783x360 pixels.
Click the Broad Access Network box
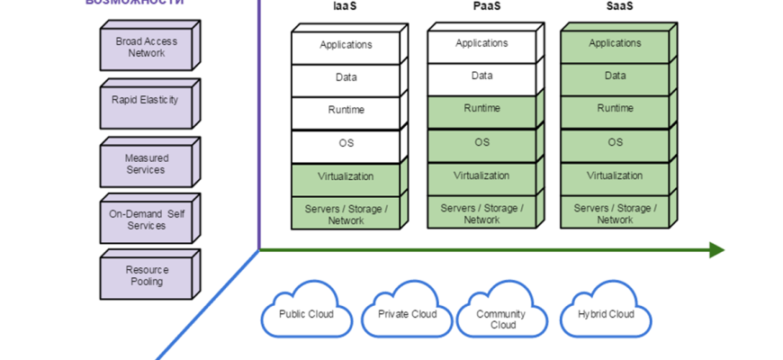[x=147, y=48]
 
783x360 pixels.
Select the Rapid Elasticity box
[x=145, y=101]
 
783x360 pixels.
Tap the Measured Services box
[x=145, y=164]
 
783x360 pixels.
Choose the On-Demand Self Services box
[x=145, y=220]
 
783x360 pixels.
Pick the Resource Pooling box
[x=145, y=275]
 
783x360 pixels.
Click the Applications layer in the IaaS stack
[x=346, y=45]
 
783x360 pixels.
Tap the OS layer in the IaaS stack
[x=346, y=144]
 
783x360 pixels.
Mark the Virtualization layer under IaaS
[x=346, y=176]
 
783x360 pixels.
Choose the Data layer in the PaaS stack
[x=481, y=76]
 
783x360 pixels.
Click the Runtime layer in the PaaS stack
[x=481, y=109]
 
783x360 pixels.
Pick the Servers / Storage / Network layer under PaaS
[x=481, y=213]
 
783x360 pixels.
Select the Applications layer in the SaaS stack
[x=615, y=43]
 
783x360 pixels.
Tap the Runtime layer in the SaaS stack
[x=615, y=109]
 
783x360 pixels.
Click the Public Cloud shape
[x=305, y=314]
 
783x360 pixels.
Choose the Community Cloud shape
[x=502, y=318]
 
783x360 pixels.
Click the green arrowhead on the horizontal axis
[x=716, y=249]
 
